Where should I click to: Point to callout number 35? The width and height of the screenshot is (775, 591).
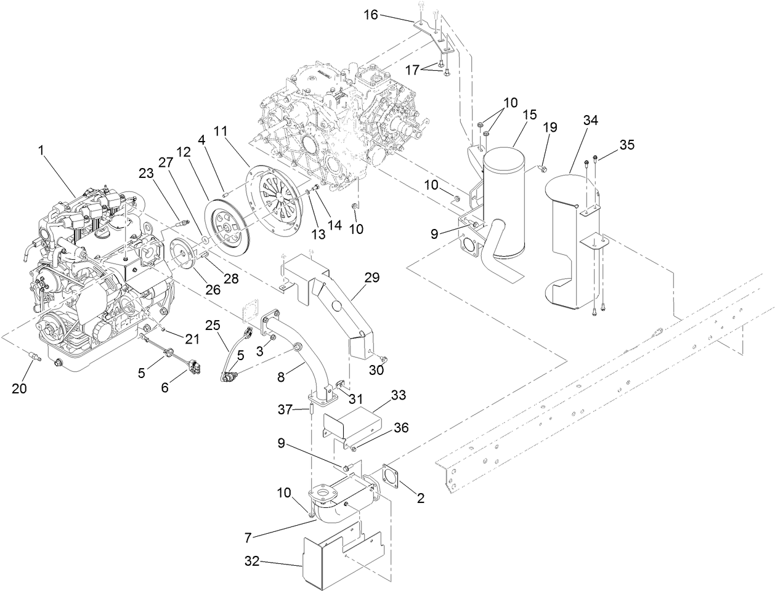point(627,145)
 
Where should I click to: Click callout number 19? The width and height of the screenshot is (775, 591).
point(550,127)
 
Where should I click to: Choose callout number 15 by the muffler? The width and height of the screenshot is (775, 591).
point(529,115)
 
